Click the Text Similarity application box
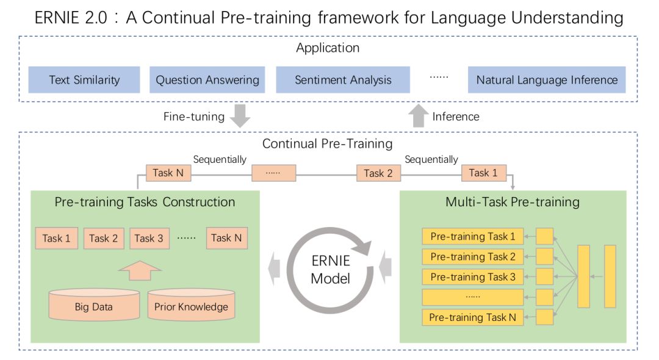[84, 79]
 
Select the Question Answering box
[207, 79]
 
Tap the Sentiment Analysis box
[343, 79]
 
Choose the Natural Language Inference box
[547, 79]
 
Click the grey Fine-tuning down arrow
[240, 116]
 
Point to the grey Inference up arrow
[419, 116]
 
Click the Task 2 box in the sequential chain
[378, 173]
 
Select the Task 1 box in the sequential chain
[484, 173]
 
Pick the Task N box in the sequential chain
[168, 173]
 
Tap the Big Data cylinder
[94, 304]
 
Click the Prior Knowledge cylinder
[191, 304]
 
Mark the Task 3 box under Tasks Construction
[149, 238]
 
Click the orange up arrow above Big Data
[140, 270]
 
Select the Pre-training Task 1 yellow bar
[473, 237]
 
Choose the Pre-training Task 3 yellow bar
[473, 277]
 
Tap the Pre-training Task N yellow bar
[473, 317]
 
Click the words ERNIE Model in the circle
[331, 270]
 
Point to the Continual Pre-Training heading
[328, 143]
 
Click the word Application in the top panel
[328, 48]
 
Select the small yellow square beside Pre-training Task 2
[545, 256]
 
